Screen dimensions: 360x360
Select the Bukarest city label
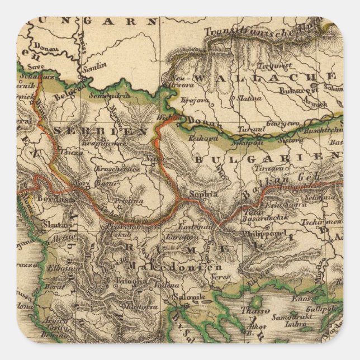300,89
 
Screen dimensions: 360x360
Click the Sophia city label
203,194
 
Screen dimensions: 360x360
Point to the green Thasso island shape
255,302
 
